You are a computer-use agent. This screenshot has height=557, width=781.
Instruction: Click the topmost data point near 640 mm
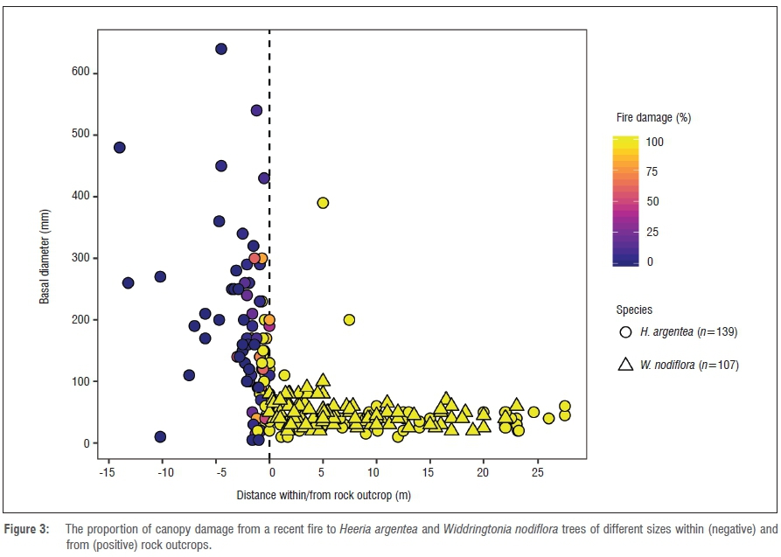(221, 49)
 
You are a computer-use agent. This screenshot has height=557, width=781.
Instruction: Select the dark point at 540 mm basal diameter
(257, 110)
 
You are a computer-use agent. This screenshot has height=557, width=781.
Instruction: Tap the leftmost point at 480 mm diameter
(120, 148)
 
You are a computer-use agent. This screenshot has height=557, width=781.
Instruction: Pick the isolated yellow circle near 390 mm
(323, 203)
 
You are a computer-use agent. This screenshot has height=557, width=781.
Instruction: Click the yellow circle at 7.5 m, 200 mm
(349, 320)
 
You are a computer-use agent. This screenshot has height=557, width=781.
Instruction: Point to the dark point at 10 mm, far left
(160, 437)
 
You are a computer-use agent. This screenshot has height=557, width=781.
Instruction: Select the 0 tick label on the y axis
(86, 443)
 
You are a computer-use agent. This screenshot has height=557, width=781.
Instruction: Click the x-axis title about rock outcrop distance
(323, 495)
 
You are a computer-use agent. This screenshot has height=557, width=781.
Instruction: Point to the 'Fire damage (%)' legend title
(653, 117)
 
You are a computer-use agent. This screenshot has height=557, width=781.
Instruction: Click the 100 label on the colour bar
(655, 142)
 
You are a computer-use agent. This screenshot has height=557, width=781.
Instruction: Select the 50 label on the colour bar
(652, 202)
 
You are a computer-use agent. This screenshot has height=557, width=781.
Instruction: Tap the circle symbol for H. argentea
(625, 333)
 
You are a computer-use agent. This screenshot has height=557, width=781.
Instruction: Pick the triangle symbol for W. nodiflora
(625, 365)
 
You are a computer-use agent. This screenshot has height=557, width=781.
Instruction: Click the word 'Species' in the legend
(634, 310)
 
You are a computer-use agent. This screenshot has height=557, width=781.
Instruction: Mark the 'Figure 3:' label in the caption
(31, 529)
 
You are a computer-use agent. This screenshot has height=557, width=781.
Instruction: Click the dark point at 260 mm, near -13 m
(128, 282)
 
